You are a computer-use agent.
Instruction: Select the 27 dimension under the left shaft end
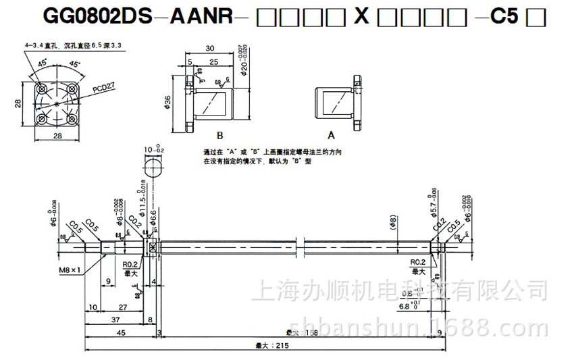click(x=122, y=307)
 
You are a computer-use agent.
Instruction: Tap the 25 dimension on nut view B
click(x=213, y=62)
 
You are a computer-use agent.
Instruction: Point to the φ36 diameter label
click(x=167, y=103)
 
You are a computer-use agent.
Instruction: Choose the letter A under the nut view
click(x=331, y=134)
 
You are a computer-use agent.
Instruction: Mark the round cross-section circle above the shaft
click(x=153, y=167)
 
